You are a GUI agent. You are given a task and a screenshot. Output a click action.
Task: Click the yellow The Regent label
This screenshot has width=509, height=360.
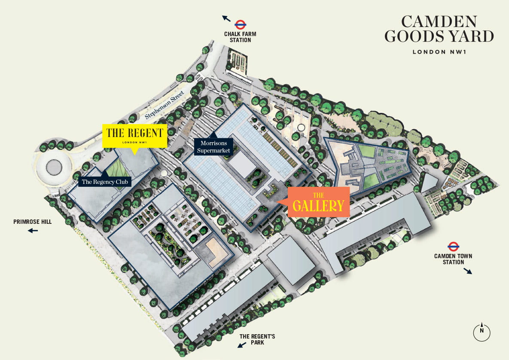click(x=134, y=135)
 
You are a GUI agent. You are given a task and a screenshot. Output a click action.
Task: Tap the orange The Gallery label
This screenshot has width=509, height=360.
click(x=318, y=202)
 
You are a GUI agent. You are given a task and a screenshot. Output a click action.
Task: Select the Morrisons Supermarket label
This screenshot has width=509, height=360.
click(x=213, y=147)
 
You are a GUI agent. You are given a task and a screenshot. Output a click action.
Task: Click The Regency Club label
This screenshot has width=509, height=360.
click(x=106, y=182)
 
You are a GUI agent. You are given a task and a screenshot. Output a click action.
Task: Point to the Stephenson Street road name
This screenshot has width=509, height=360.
click(x=165, y=105)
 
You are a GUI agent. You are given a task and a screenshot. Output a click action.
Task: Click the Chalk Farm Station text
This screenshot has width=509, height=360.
click(x=237, y=37)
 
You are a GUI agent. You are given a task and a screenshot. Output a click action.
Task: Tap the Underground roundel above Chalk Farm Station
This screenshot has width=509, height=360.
click(x=240, y=24)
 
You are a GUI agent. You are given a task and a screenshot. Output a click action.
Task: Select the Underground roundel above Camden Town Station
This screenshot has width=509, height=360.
click(x=453, y=247)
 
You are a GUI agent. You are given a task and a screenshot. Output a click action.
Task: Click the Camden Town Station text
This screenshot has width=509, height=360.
click(x=453, y=259)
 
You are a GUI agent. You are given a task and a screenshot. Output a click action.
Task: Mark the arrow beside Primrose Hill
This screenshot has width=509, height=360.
click(x=33, y=231)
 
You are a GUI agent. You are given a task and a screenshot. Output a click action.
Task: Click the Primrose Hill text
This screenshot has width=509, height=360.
click(x=33, y=222)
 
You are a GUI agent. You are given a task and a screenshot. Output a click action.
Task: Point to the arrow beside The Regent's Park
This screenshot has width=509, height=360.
click(x=242, y=345)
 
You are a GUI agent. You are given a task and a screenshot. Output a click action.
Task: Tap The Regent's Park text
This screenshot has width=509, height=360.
click(x=257, y=339)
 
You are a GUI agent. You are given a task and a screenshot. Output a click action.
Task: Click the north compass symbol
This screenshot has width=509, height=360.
click(x=482, y=331)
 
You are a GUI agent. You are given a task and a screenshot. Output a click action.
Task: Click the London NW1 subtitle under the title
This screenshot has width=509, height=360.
click(x=439, y=52)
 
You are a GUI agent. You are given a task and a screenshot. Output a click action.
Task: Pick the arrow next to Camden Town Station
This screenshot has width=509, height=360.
click(x=467, y=271)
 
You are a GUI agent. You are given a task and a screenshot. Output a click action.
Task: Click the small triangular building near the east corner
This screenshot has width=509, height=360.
click(x=428, y=183)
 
